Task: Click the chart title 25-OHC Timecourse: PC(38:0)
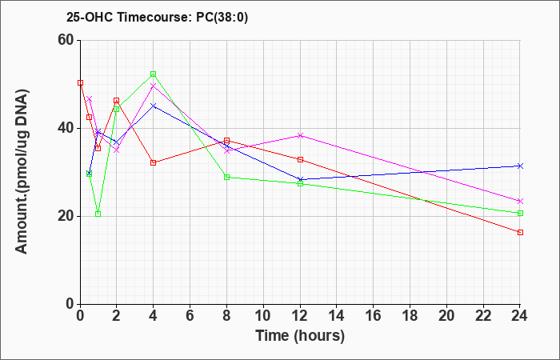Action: click(x=157, y=17)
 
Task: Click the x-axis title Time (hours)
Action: click(x=300, y=336)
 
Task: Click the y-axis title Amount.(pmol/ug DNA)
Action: click(x=22, y=172)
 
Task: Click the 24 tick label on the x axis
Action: click(x=520, y=316)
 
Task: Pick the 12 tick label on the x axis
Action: click(x=300, y=316)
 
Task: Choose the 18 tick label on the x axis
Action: click(x=410, y=316)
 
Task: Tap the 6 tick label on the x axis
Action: click(x=190, y=316)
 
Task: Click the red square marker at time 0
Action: click(x=80, y=83)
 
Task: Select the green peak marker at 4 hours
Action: click(x=154, y=74)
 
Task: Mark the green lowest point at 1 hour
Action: click(x=98, y=214)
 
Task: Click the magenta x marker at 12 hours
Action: click(x=300, y=135)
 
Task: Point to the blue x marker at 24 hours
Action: click(x=520, y=166)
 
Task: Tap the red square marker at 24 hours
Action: click(x=520, y=232)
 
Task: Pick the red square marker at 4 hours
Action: click(x=154, y=162)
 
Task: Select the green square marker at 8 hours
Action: click(x=226, y=177)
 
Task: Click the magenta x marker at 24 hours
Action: click(x=520, y=201)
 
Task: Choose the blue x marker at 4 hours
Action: click(x=154, y=106)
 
